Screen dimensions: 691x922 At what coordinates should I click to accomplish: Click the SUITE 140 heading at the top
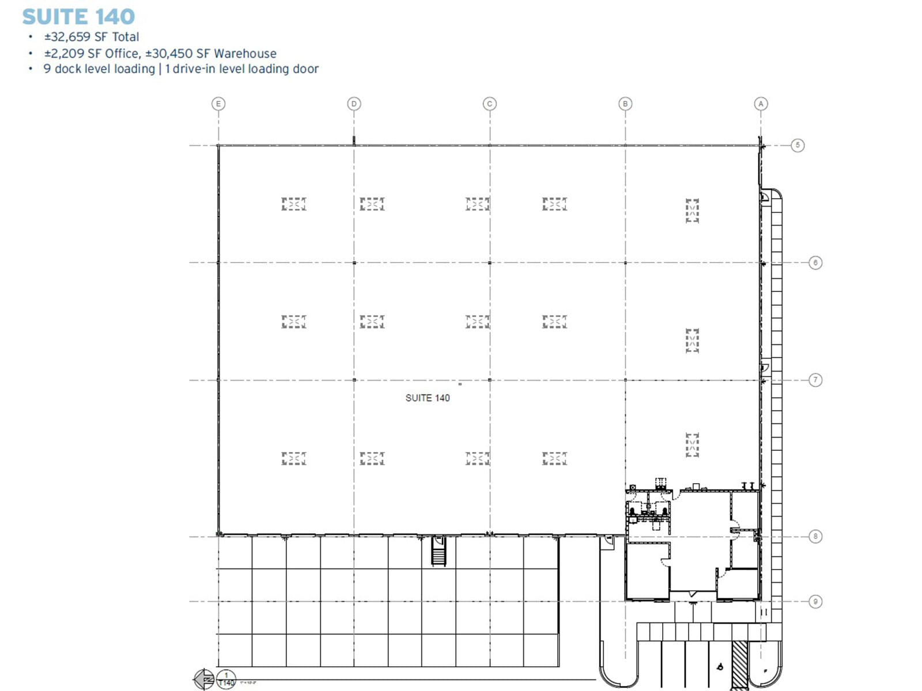point(78,17)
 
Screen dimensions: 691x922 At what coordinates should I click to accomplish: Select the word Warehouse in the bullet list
point(245,54)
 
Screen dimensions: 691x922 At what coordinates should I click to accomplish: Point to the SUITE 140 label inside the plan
point(427,398)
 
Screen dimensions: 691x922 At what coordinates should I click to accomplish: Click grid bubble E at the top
point(218,104)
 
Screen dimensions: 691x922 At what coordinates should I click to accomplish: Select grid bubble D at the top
point(354,104)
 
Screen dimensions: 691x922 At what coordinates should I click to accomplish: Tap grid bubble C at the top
point(489,104)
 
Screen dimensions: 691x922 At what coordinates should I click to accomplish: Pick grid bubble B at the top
point(625,104)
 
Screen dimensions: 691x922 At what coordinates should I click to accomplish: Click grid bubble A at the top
point(761,104)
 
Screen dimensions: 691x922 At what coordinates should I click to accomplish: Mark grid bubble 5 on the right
point(798,145)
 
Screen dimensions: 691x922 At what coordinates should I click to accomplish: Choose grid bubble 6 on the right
point(815,263)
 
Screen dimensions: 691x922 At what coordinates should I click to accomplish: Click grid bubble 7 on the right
point(815,380)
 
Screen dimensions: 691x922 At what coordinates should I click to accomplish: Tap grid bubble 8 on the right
point(815,537)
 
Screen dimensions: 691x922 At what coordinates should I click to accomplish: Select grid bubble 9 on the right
point(815,602)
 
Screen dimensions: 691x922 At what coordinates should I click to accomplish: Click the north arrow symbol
point(204,679)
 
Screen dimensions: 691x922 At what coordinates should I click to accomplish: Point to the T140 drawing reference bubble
point(226,679)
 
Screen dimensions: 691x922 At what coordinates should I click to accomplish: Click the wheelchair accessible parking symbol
point(720,667)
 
